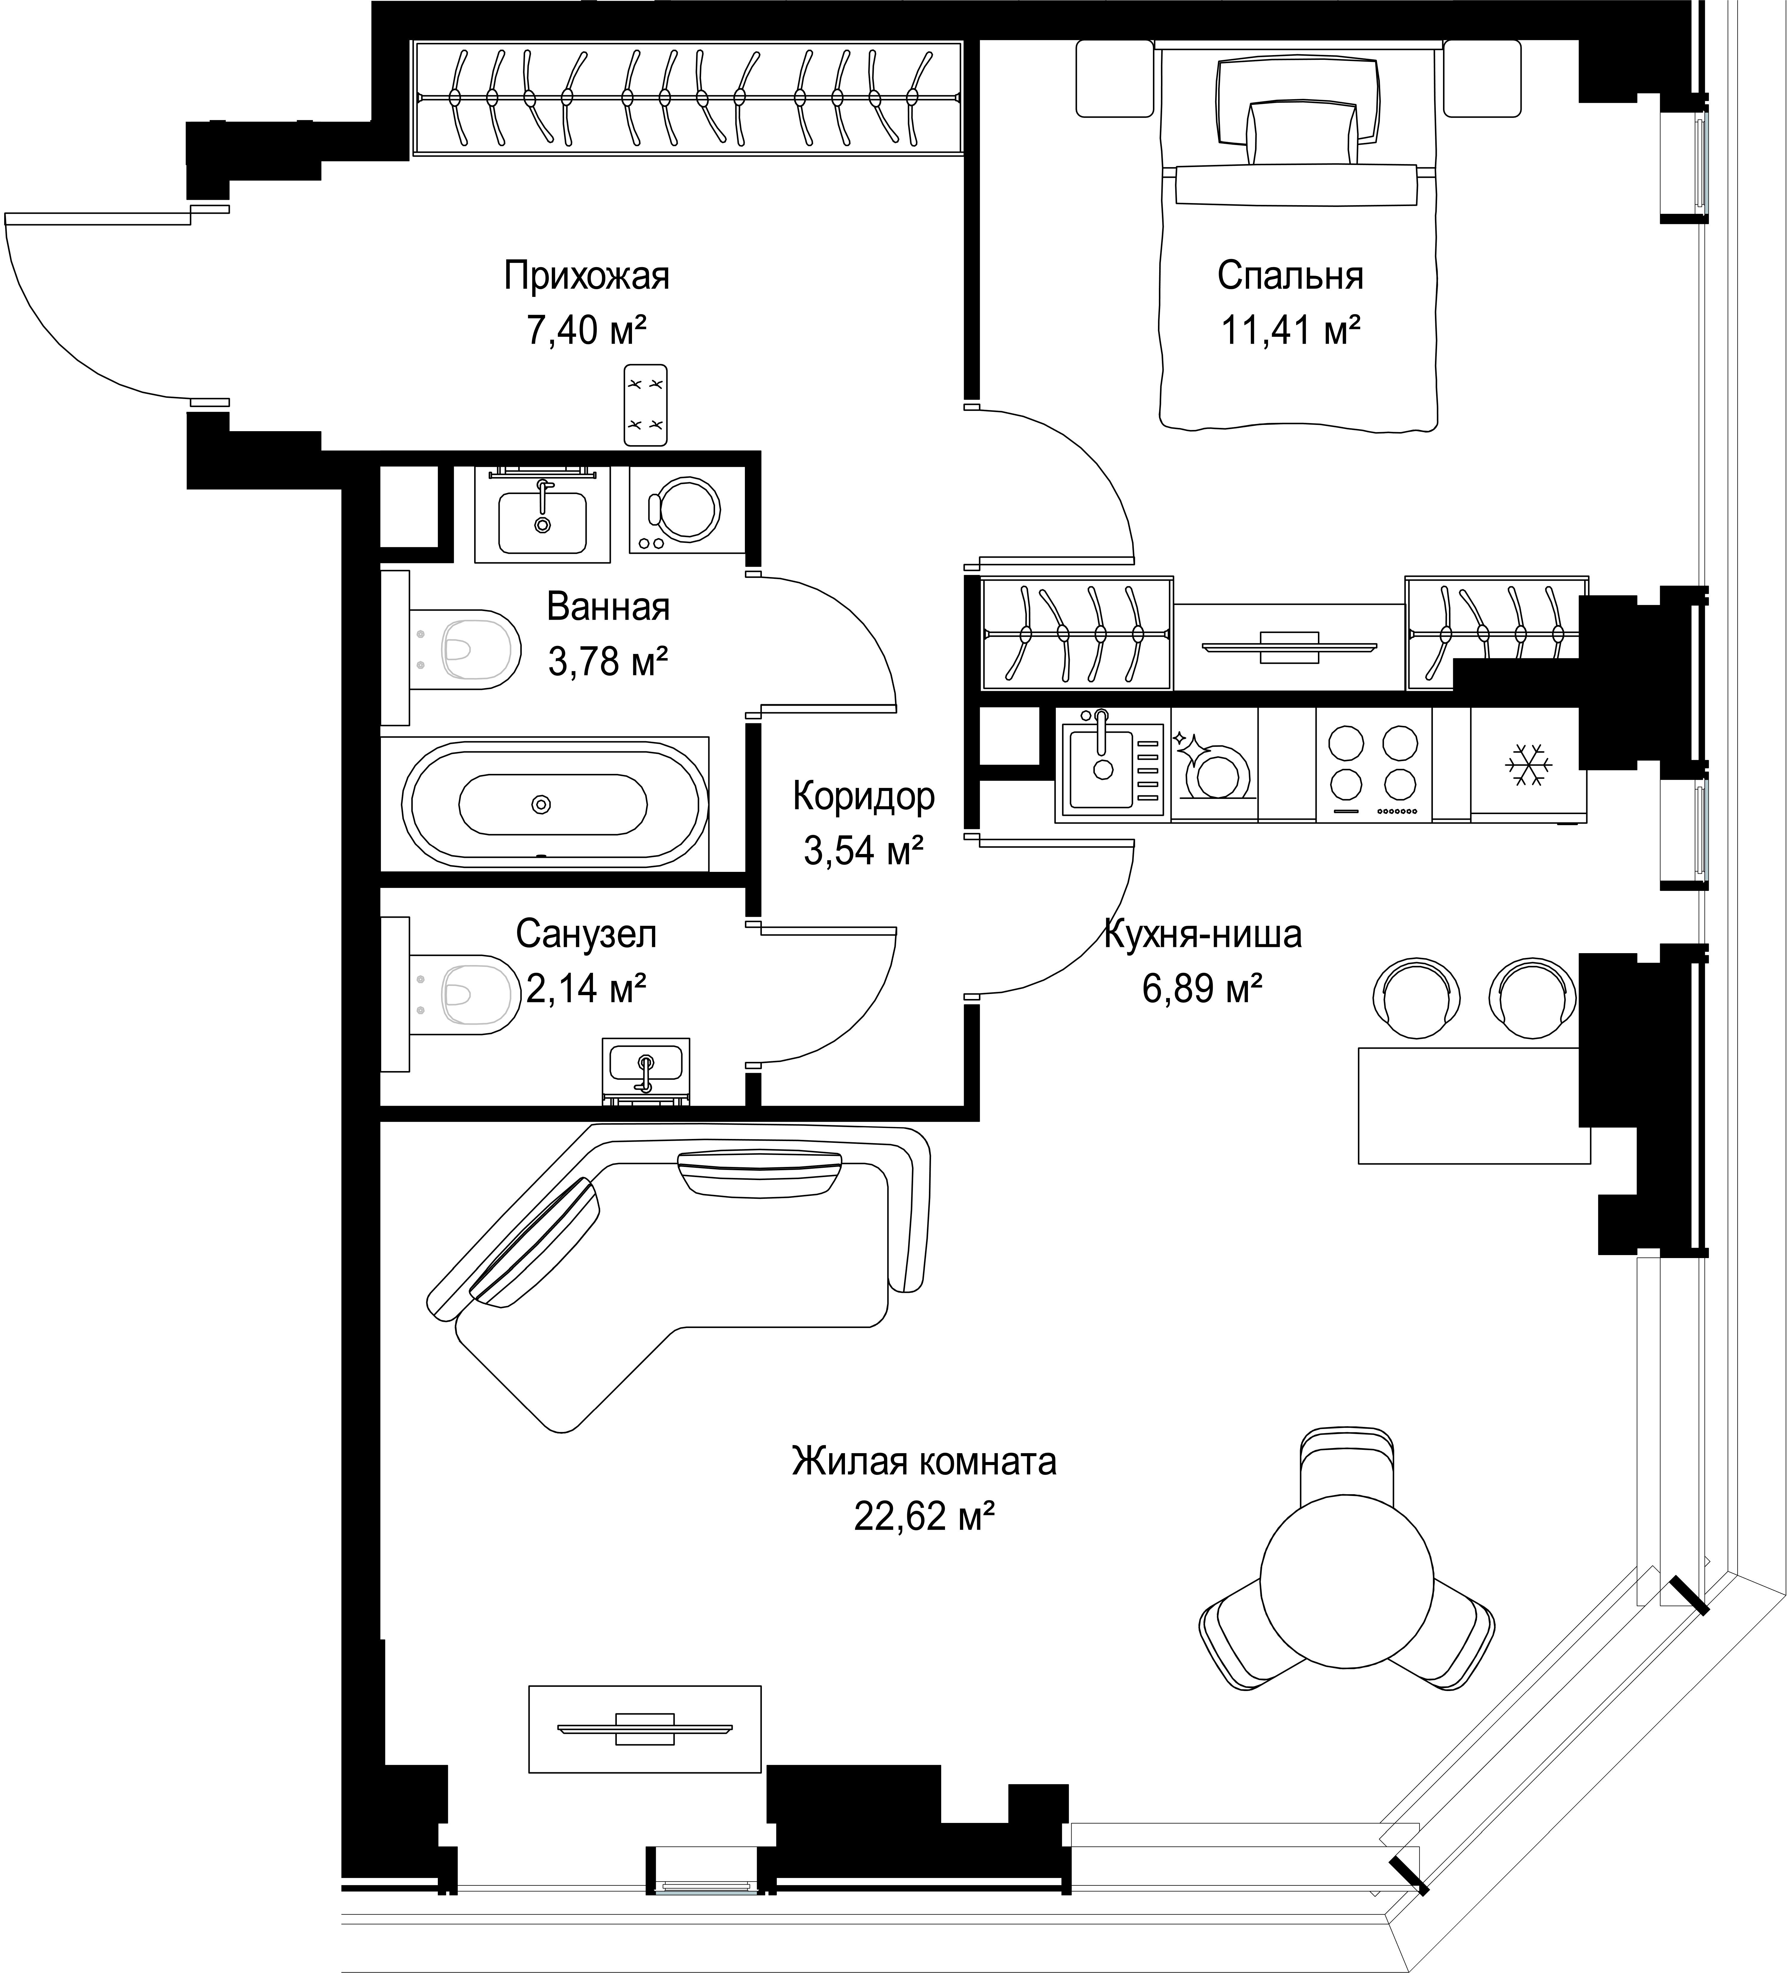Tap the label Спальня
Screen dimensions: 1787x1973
pyautogui.click(x=1290, y=276)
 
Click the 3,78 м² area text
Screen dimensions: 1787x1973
pyautogui.click(x=608, y=663)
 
